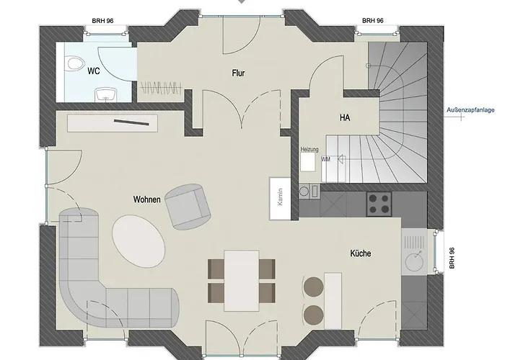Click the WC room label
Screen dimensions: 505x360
(93, 71)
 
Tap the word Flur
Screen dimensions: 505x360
(238, 73)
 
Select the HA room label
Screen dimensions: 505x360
(345, 117)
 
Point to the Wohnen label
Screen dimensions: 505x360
(147, 199)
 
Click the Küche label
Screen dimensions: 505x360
(361, 253)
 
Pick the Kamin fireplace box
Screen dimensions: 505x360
(280, 199)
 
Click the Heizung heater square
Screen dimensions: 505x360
(307, 161)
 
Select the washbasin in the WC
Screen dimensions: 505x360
(105, 94)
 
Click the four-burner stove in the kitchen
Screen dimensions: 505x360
(379, 204)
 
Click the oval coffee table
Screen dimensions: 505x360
(139, 240)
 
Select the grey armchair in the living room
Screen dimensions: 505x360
(188, 207)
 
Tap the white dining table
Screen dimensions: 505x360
(242, 281)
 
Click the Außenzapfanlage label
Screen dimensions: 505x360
(470, 110)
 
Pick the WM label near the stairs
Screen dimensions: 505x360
(325, 159)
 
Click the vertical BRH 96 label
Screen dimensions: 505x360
(452, 258)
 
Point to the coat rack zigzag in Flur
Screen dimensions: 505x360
(161, 87)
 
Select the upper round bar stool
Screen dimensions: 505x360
(313, 287)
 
